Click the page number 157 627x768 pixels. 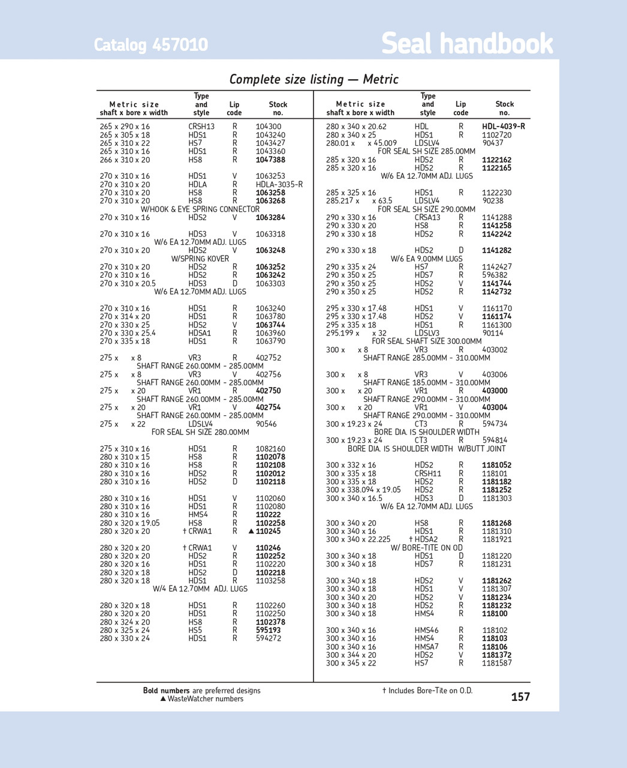(520, 697)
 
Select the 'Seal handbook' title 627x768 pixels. (467, 44)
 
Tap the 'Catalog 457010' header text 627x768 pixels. (151, 45)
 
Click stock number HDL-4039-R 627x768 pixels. (504, 127)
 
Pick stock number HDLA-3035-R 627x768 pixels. (279, 185)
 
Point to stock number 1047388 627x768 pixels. (270, 160)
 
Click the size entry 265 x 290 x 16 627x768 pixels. (125, 127)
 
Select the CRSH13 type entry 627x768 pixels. (201, 127)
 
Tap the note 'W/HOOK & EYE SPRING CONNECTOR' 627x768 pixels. (200, 209)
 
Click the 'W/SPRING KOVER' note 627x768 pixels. (200, 259)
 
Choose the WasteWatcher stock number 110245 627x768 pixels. (268, 532)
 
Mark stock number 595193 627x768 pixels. (268, 631)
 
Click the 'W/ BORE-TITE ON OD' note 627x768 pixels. (427, 548)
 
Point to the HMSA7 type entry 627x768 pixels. (427, 647)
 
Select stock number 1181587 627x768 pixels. (497, 664)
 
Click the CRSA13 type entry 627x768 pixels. (427, 218)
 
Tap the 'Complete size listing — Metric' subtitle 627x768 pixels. (313, 79)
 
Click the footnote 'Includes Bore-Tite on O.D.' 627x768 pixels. (427, 691)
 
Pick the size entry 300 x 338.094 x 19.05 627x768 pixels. (363, 490)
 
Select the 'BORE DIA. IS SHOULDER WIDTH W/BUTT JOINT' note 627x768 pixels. (427, 449)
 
